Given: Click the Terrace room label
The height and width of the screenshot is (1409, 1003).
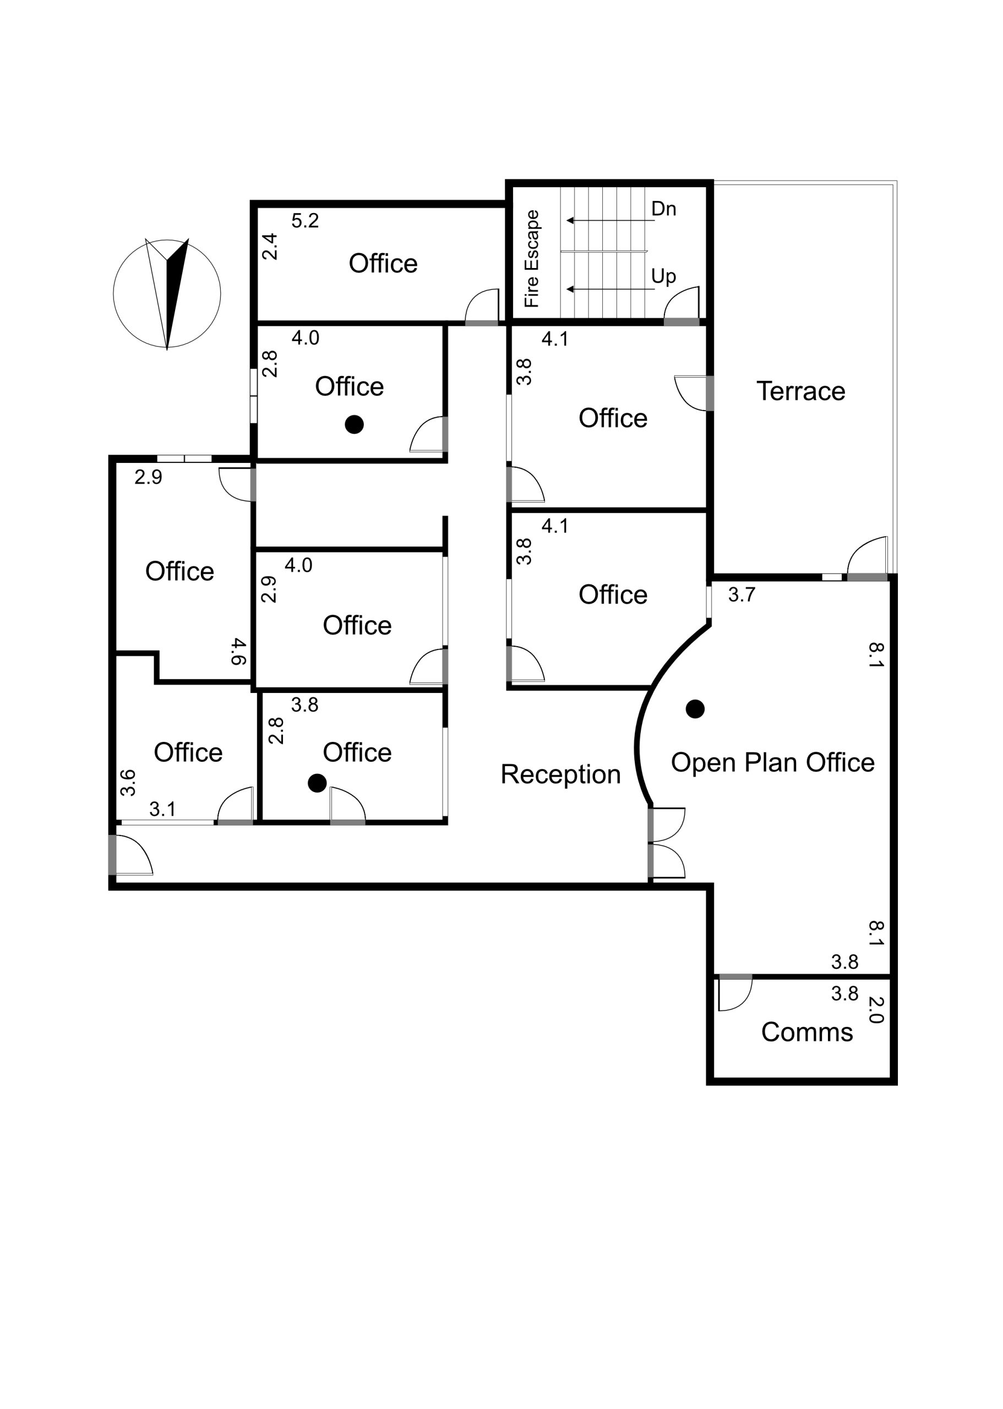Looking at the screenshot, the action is tap(800, 391).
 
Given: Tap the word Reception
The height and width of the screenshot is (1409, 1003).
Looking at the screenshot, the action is tap(560, 775).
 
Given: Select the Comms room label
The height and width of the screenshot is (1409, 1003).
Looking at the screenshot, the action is tap(806, 1033).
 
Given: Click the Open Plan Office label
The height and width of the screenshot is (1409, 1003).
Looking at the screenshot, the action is tap(773, 762).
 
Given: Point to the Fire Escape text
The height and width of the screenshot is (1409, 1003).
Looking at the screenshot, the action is tap(532, 259).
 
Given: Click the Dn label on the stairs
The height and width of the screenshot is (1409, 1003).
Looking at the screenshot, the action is tap(664, 209).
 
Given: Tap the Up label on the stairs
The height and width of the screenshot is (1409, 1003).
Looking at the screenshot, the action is tap(664, 277).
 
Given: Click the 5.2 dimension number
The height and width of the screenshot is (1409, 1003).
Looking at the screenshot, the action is tap(305, 220).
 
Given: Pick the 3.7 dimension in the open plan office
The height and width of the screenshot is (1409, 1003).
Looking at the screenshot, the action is tap(741, 594).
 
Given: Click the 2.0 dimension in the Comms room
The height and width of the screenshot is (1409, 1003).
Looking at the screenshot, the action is tap(876, 1010).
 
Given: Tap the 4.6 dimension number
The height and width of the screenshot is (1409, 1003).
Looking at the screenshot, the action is tap(238, 652).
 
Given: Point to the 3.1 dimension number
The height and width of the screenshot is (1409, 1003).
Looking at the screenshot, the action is tap(162, 809).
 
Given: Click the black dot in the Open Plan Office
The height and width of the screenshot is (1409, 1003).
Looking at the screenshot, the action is tap(695, 709).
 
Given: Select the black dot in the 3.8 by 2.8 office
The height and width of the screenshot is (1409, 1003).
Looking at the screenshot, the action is tap(317, 783).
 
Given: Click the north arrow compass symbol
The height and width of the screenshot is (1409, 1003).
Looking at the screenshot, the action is tap(167, 294).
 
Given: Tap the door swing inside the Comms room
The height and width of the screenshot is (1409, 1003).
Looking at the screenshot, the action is tap(735, 995).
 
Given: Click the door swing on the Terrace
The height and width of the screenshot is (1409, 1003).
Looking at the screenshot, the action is tap(867, 555).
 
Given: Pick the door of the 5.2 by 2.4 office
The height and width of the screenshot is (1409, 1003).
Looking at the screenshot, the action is tap(482, 305).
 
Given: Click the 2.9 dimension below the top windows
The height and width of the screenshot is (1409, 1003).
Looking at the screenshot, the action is tap(148, 477).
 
